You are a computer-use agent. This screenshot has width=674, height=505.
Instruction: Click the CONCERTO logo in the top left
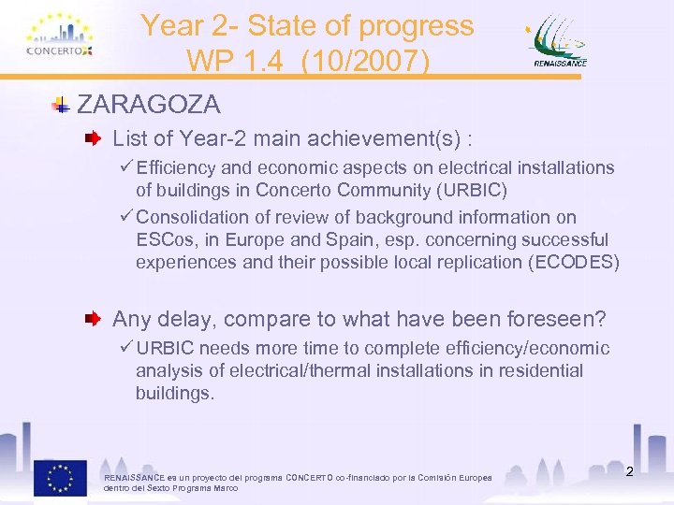pyautogui.click(x=60, y=37)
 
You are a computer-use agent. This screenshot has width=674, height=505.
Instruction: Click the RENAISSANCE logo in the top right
pyautogui.click(x=561, y=41)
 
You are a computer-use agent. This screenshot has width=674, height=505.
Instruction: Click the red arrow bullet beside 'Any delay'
pyautogui.click(x=95, y=320)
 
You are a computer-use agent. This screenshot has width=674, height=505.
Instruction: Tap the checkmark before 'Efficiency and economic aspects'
pyautogui.click(x=127, y=168)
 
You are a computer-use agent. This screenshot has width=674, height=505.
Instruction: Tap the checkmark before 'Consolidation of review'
pyautogui.click(x=127, y=217)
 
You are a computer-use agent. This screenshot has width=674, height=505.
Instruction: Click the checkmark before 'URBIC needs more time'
pyautogui.click(x=127, y=349)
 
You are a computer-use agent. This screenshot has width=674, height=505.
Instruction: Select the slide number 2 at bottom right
pyautogui.click(x=629, y=471)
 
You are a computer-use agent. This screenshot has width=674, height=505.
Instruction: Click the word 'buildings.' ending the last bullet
pyautogui.click(x=175, y=394)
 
